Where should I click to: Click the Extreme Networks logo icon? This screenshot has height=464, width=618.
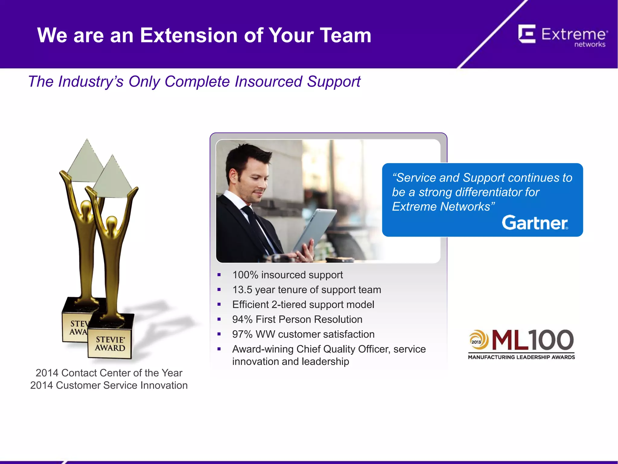[527, 34]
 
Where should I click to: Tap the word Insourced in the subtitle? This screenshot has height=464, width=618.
[268, 82]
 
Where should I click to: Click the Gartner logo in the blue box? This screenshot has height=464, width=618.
[535, 223]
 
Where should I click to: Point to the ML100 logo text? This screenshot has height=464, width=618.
[532, 340]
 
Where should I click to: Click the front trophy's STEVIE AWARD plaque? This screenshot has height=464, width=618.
[110, 344]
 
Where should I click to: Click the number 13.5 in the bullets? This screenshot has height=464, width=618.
[242, 290]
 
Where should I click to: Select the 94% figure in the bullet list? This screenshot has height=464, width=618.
[242, 319]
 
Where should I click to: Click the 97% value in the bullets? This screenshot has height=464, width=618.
[242, 334]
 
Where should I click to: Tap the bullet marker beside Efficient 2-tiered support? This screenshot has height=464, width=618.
[219, 304]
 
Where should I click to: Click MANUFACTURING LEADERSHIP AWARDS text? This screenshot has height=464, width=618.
[521, 357]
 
